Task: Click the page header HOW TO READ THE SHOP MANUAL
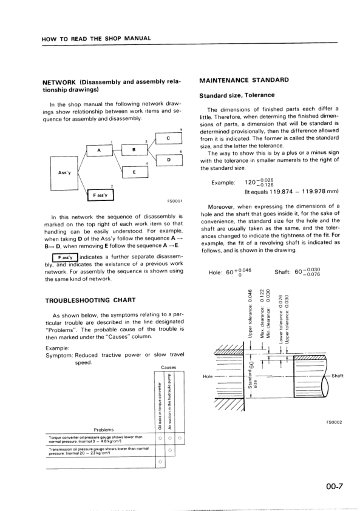97,38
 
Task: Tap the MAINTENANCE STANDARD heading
243,80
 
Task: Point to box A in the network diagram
99,151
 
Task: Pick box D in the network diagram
168,160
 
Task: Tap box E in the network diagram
134,172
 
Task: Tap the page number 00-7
335,486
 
